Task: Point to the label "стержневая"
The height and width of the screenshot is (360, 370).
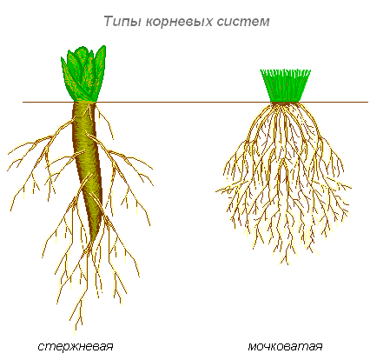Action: pyautogui.click(x=76, y=347)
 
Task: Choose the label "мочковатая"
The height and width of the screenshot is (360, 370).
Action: pyautogui.click(x=285, y=346)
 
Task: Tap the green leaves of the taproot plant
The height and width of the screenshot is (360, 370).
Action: pyautogui.click(x=83, y=74)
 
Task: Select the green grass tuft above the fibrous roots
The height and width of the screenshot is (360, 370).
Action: pyautogui.click(x=285, y=86)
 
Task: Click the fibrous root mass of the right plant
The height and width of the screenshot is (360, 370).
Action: pyautogui.click(x=284, y=180)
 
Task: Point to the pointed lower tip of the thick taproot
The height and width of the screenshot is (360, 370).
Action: pyautogui.click(x=92, y=242)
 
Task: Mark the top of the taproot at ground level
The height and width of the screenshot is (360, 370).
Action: pyautogui.click(x=84, y=103)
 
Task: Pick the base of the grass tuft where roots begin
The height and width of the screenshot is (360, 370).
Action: pyautogui.click(x=284, y=103)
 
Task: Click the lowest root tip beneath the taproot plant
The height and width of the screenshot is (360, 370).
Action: pyautogui.click(x=75, y=333)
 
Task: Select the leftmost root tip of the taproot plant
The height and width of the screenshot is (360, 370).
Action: pyautogui.click(x=8, y=170)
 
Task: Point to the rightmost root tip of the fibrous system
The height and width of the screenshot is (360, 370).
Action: pyautogui.click(x=351, y=188)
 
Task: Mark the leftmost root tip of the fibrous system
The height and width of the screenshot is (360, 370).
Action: pyautogui.click(x=216, y=191)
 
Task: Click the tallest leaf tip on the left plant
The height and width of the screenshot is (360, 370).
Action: pyautogui.click(x=103, y=46)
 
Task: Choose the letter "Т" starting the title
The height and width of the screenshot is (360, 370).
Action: pyautogui.click(x=108, y=22)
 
